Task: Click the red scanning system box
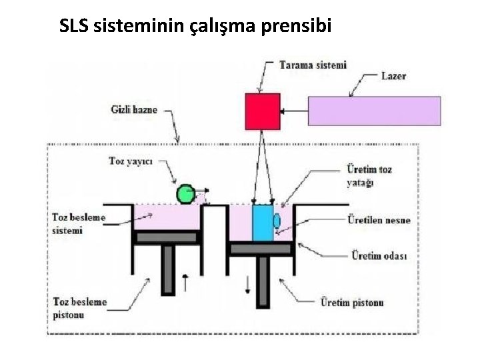(263, 111)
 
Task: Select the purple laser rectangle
(374, 111)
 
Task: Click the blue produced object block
(263, 222)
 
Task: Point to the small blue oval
(277, 221)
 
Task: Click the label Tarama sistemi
(313, 65)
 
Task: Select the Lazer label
(393, 76)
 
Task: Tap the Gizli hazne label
(134, 109)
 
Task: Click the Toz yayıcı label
(131, 161)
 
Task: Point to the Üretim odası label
(379, 255)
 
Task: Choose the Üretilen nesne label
(379, 220)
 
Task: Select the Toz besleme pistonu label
(79, 308)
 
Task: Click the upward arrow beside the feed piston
(185, 282)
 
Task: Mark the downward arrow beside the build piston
(247, 284)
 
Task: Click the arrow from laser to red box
(294, 111)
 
